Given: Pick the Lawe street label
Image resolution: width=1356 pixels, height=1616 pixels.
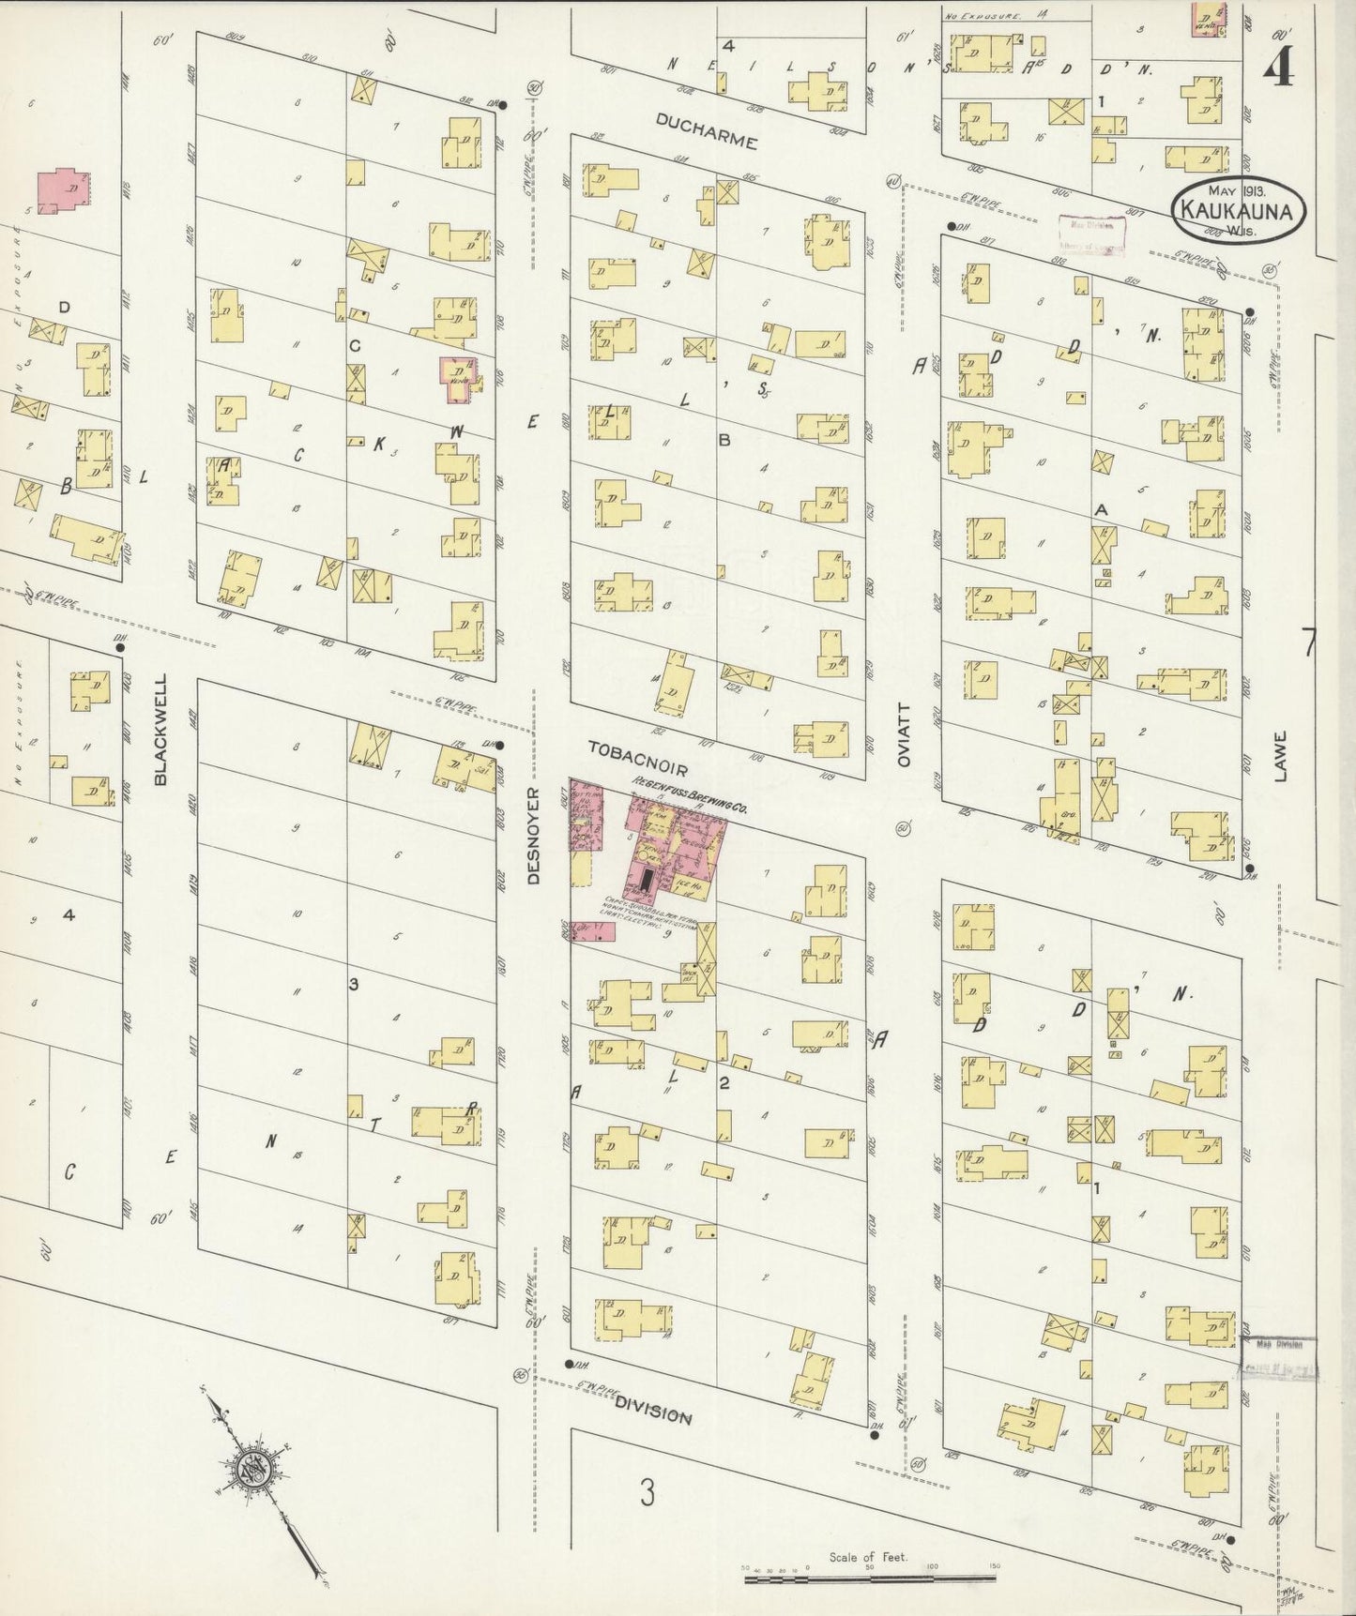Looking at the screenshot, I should [1282, 756].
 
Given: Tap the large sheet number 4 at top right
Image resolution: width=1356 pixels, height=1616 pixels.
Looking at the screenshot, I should [1277, 66].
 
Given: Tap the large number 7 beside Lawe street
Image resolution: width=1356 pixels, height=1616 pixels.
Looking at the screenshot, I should [1309, 644].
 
